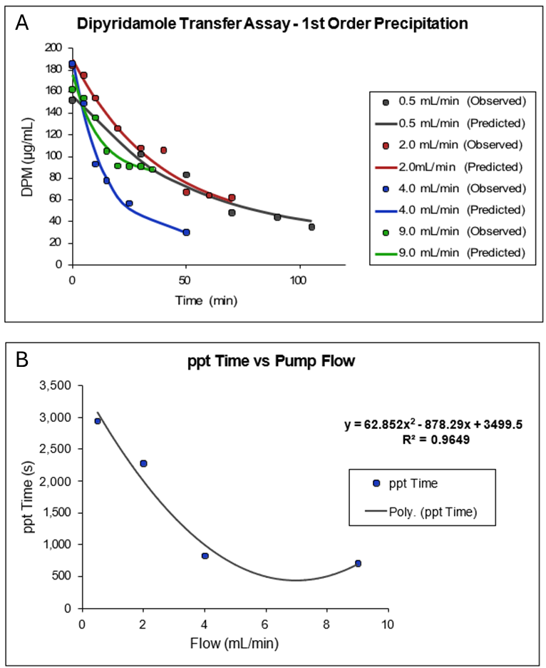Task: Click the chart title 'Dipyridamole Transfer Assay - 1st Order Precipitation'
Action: [273, 24]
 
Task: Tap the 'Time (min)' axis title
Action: [207, 300]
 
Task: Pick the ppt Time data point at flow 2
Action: [143, 463]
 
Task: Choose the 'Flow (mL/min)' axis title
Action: [235, 643]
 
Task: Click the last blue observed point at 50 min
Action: [186, 232]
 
